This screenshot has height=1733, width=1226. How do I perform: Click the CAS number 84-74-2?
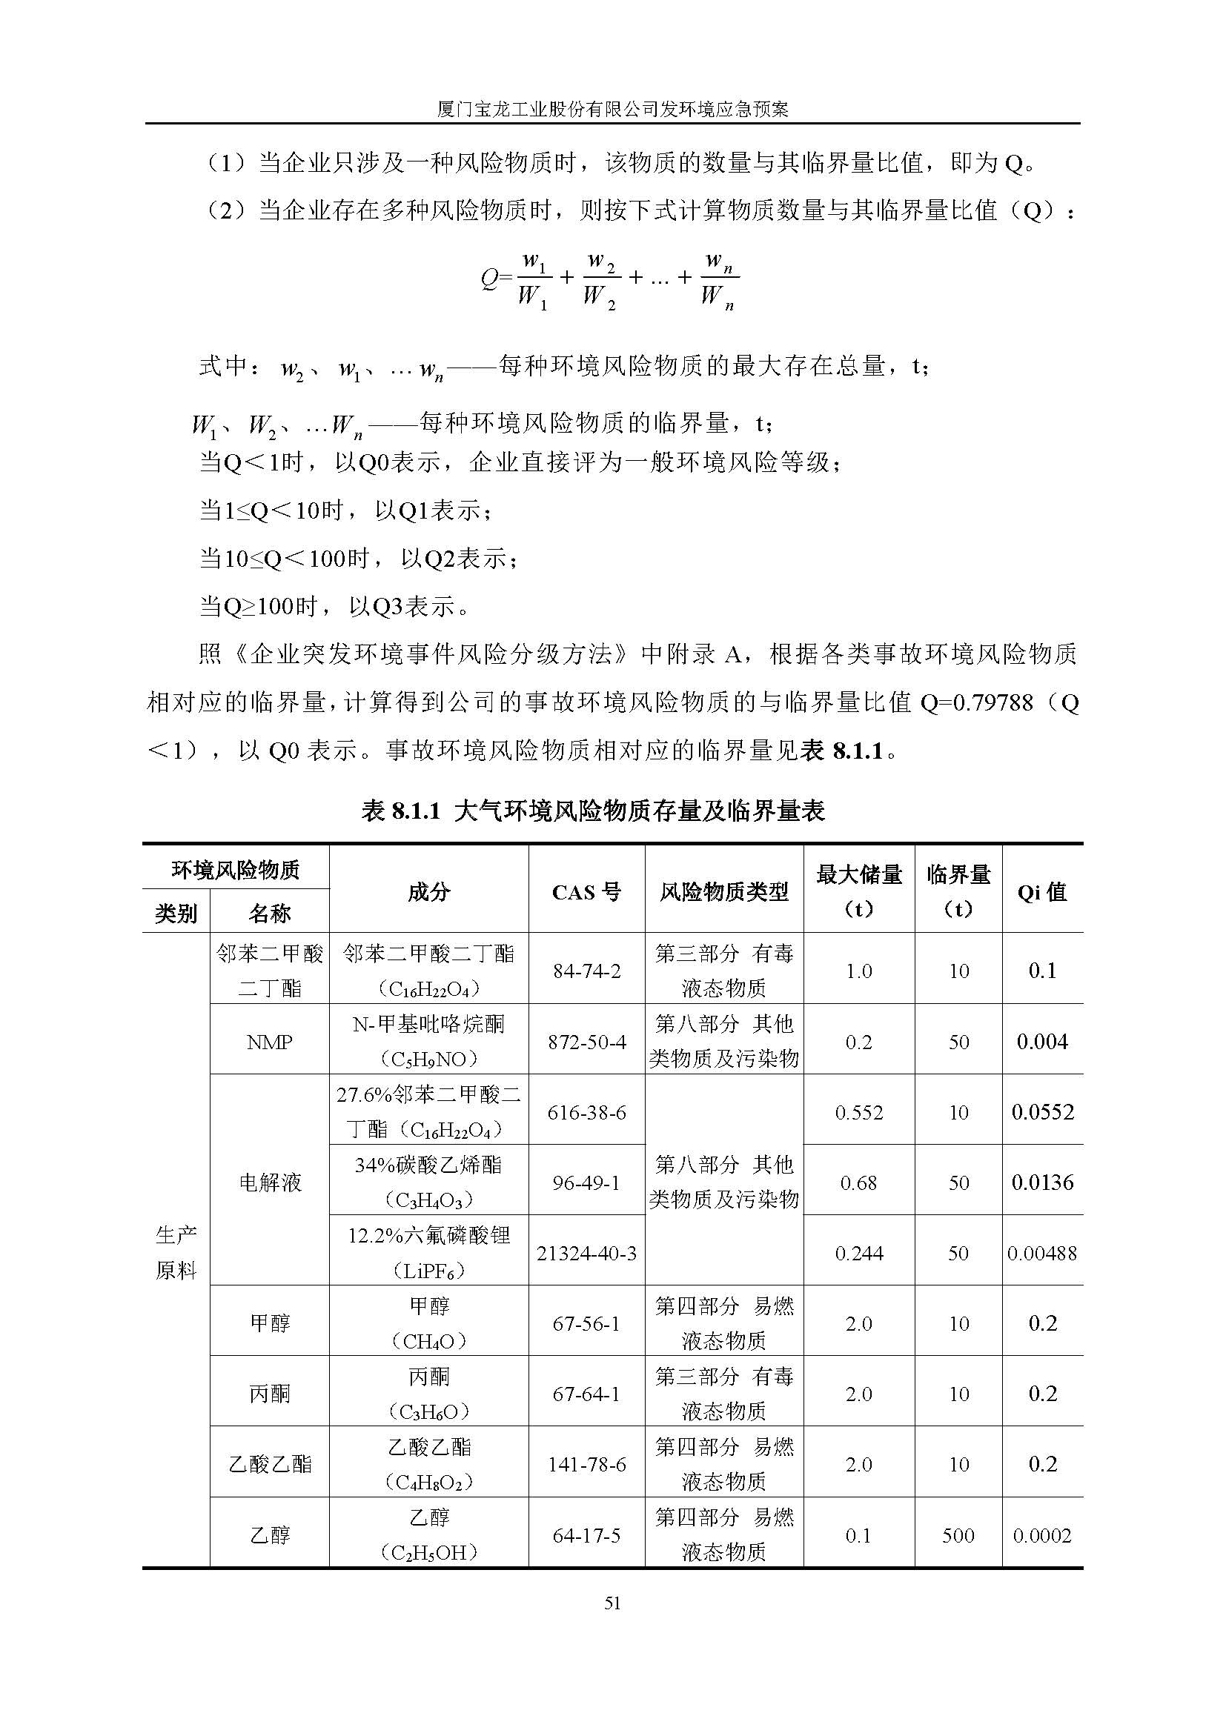[x=586, y=971]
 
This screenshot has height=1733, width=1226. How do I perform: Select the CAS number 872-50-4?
[x=586, y=1042]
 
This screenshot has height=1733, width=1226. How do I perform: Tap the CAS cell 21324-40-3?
[x=586, y=1254]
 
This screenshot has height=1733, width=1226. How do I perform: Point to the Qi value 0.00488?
[x=1041, y=1254]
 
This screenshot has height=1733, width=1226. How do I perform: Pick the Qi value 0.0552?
[x=1041, y=1112]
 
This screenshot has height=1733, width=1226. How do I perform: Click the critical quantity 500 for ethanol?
[x=958, y=1536]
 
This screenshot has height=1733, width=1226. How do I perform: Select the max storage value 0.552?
[x=858, y=1113]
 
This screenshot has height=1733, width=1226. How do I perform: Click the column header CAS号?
[x=586, y=892]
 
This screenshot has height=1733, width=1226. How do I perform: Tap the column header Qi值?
[x=1041, y=892]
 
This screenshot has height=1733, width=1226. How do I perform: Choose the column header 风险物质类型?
[x=723, y=892]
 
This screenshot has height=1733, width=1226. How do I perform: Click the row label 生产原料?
[x=176, y=1253]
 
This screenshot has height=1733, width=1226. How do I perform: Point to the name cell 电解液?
[x=270, y=1183]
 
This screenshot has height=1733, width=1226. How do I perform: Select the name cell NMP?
[x=270, y=1042]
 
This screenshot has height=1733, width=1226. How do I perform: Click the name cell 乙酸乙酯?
[x=270, y=1465]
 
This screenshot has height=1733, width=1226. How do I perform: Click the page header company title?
[x=612, y=110]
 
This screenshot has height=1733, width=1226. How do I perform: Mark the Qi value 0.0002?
[x=1041, y=1536]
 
